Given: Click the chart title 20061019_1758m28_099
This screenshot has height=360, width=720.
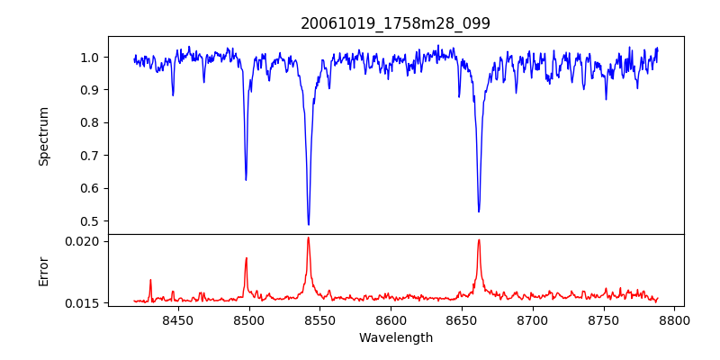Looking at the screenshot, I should (x=395, y=23).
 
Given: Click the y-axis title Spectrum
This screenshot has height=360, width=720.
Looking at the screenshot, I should (x=43, y=136).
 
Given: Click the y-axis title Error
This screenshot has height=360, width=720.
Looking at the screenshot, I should (x=43, y=271).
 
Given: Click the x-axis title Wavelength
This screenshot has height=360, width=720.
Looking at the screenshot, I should (x=395, y=338).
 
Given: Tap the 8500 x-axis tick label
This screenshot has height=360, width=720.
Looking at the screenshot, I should (x=248, y=319).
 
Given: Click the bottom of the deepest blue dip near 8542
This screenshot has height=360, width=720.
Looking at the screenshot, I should (x=309, y=224).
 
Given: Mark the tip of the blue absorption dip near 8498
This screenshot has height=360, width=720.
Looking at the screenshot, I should (x=246, y=180).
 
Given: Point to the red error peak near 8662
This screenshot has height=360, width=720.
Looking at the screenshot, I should (x=479, y=239).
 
